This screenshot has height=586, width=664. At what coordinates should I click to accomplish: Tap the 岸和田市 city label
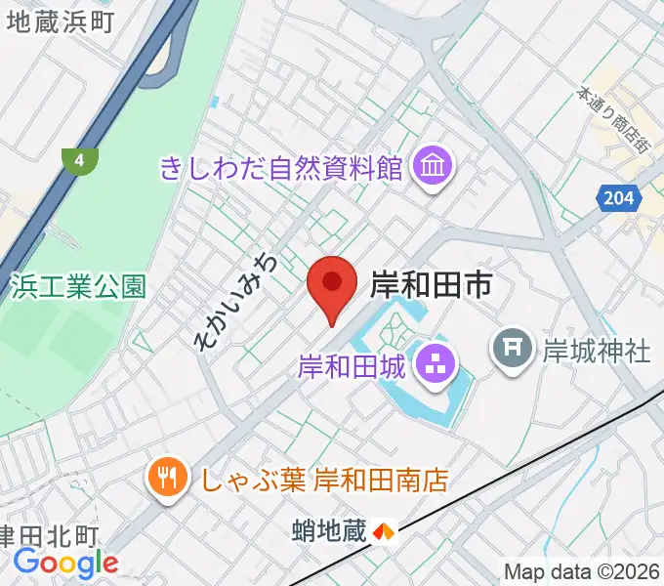[x=430, y=285]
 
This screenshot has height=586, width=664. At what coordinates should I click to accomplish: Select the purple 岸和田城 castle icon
[x=430, y=367]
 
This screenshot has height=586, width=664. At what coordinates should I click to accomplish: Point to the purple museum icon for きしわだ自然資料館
[x=430, y=168]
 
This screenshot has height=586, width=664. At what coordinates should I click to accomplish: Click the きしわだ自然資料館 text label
[x=282, y=168]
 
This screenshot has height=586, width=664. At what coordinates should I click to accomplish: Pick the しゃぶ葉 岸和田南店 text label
[x=324, y=479]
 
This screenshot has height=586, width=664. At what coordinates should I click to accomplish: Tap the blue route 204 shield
[x=616, y=198]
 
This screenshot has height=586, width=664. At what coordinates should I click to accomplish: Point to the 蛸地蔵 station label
[x=329, y=532]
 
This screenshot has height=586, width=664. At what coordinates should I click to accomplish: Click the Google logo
[x=65, y=563]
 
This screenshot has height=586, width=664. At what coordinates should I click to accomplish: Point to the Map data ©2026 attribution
[x=582, y=571]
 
